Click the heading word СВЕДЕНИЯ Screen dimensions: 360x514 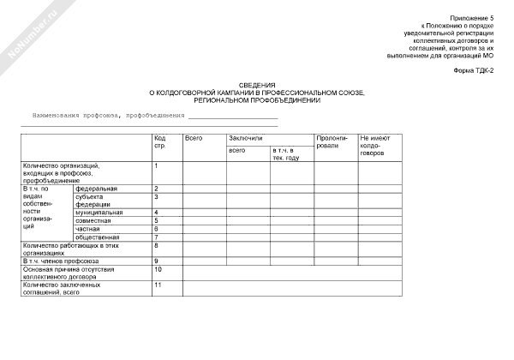coord(256,85)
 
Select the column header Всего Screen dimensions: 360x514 coord(194,138)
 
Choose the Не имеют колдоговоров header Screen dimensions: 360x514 coord(375,145)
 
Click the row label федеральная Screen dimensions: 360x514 coord(96,188)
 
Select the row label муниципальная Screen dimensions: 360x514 coord(99,213)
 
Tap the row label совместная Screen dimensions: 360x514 coord(93,221)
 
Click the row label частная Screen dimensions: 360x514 coord(88,229)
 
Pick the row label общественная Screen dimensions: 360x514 coord(98,237)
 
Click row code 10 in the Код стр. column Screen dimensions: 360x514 coord(158,269)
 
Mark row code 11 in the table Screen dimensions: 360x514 coord(158,285)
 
